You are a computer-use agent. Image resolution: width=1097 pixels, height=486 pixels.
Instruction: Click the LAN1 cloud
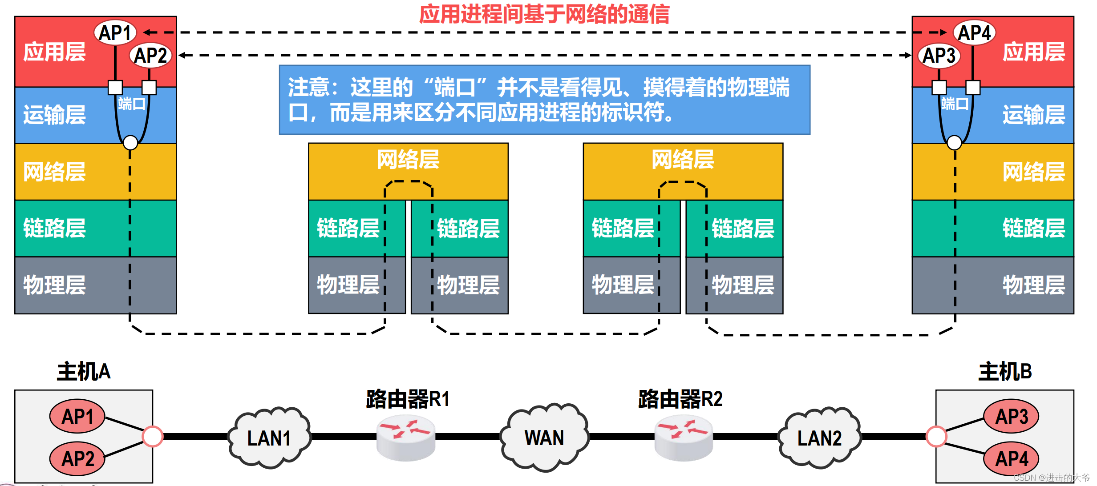(x=269, y=438)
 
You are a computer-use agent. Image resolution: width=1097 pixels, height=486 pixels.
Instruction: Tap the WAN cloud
(x=544, y=438)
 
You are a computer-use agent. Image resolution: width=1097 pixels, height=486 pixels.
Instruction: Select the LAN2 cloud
(x=819, y=438)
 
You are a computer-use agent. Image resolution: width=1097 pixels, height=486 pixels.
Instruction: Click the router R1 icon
(x=405, y=438)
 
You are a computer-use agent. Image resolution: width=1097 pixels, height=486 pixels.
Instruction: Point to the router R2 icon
(x=683, y=438)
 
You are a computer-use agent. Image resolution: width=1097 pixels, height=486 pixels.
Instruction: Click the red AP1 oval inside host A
(x=77, y=416)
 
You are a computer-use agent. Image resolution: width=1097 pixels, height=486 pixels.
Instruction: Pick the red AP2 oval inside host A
(x=77, y=458)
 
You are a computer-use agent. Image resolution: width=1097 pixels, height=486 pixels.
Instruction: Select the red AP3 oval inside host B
(x=1011, y=416)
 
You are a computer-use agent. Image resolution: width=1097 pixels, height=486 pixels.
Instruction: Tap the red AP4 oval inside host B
(x=1011, y=458)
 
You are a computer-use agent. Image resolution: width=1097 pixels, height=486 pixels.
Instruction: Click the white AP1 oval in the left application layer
(x=115, y=32)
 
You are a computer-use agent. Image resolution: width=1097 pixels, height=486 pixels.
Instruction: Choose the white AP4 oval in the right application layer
(x=974, y=32)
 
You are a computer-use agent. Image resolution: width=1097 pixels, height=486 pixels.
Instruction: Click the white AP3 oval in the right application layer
(x=939, y=56)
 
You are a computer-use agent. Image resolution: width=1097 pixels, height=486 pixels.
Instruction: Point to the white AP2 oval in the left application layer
(x=150, y=56)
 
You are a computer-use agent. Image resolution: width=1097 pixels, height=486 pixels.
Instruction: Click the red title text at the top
(x=544, y=14)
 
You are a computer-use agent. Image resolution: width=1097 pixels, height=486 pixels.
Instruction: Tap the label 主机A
(x=84, y=371)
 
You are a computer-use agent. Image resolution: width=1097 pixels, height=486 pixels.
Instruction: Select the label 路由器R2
(x=680, y=399)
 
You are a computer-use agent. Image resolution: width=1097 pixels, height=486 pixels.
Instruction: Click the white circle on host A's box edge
(x=153, y=436)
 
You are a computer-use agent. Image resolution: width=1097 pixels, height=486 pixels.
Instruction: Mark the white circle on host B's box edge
(x=936, y=436)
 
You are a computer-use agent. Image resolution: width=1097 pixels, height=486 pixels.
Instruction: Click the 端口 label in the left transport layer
(x=132, y=104)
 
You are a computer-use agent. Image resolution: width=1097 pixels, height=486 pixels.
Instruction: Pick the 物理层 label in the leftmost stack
(x=54, y=285)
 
